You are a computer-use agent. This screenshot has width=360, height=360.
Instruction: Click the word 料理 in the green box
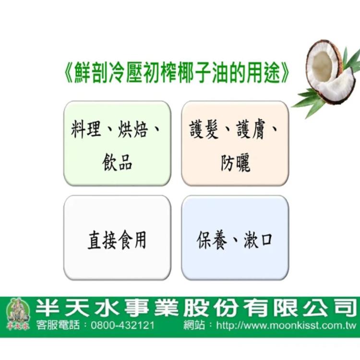point(86,130)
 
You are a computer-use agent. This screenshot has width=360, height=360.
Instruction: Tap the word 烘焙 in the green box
point(133,130)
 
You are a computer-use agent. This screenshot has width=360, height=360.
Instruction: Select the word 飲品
point(117,162)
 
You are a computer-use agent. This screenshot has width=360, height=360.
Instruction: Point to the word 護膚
point(251,130)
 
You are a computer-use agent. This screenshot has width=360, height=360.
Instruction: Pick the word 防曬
point(235,162)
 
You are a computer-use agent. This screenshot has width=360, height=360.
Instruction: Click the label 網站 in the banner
point(194,325)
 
